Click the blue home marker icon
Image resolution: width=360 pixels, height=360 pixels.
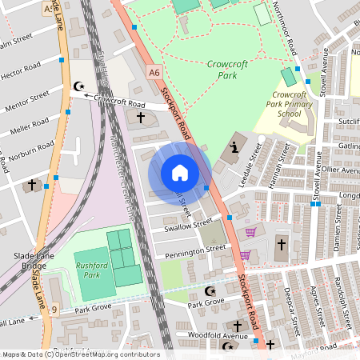pyautogui.click(x=180, y=173)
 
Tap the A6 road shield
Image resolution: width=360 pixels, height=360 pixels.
pyautogui.click(x=154, y=73)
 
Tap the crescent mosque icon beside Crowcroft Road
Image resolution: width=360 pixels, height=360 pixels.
pyautogui.click(x=78, y=86)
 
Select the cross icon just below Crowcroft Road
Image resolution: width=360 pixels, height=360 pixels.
pyautogui.click(x=141, y=118)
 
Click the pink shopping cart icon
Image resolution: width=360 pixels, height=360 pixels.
pyautogui.click(x=251, y=232)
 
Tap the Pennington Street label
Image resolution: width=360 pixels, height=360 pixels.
pyautogui.click(x=195, y=250)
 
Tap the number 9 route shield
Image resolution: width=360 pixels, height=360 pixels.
pyautogui.click(x=54, y=309)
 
